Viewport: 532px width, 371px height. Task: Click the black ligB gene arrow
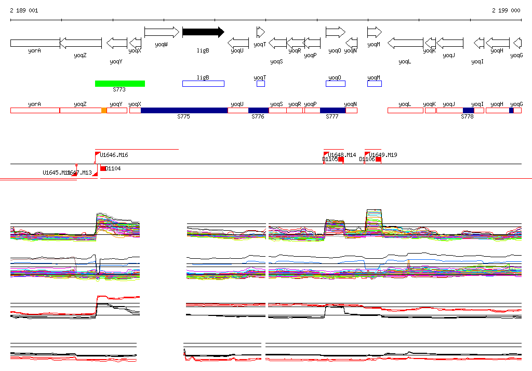click(x=203, y=32)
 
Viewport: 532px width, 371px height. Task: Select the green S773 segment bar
click(x=120, y=84)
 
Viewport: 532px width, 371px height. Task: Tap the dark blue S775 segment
click(x=184, y=110)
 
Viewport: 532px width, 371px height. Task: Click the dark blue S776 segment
click(x=259, y=110)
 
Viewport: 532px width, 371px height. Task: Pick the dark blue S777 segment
click(x=332, y=110)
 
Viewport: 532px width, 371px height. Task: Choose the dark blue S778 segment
click(x=468, y=110)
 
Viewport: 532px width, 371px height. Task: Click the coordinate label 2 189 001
click(x=24, y=10)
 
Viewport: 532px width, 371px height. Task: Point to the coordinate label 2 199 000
click(x=506, y=10)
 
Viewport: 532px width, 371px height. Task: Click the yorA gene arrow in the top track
click(x=35, y=43)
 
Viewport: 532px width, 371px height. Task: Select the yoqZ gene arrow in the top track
click(x=81, y=43)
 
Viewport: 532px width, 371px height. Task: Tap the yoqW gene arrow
click(x=162, y=32)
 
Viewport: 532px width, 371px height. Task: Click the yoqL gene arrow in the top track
click(x=405, y=43)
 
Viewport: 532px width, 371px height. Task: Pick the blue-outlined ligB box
click(x=203, y=84)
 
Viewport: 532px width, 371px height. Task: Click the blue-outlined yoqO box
click(x=336, y=84)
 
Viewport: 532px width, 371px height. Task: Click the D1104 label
click(x=113, y=168)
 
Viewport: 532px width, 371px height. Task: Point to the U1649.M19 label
click(x=383, y=155)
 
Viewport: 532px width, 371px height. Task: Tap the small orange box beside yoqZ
click(x=104, y=110)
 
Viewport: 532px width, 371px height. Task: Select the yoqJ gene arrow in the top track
click(x=449, y=43)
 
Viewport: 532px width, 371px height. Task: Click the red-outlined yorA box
click(x=35, y=110)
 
